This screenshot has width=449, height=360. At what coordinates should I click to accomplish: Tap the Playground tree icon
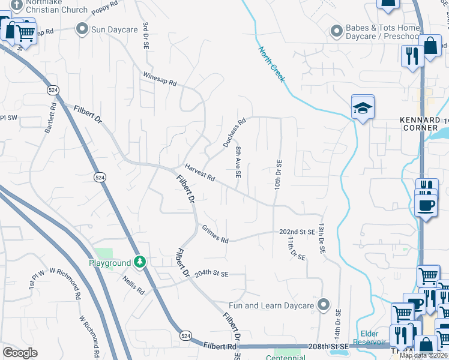[x=140, y=262]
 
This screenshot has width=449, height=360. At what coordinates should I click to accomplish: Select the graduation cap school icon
[x=363, y=107]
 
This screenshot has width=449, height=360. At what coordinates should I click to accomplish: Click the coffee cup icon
[x=426, y=205]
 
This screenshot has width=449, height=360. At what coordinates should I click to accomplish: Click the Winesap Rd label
[x=160, y=79]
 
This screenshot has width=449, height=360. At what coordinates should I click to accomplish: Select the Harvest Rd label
[x=200, y=173]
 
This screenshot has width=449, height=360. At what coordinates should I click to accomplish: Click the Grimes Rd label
[x=215, y=235]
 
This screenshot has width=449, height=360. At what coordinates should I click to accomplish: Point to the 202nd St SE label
[x=297, y=232]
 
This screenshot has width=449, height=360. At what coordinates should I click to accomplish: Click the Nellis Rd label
[x=133, y=286]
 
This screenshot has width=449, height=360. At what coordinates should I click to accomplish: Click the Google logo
[x=20, y=353]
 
